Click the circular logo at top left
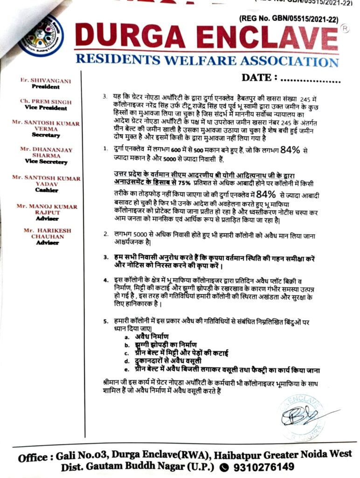pos(41,36)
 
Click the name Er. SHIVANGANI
pos(46,81)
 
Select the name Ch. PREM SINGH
pos(46,101)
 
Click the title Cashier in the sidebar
pos(46,190)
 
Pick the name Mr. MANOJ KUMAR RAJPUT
pos(47,209)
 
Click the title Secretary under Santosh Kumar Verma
pos(46,135)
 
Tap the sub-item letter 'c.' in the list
pos(126,353)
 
